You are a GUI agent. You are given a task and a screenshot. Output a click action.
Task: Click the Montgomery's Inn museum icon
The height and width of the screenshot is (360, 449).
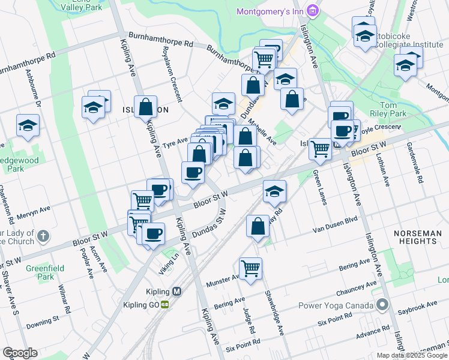tap(312, 11)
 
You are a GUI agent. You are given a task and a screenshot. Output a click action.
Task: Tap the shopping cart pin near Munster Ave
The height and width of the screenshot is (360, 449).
tap(250, 268)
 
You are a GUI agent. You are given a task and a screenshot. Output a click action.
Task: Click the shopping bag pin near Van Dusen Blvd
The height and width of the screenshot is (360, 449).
tap(258, 227)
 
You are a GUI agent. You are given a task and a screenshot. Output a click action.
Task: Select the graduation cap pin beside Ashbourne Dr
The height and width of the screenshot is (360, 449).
tap(28, 125)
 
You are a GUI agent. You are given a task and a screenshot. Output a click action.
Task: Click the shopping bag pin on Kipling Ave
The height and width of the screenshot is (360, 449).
tap(145, 107)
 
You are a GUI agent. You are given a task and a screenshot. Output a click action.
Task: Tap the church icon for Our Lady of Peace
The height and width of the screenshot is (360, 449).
tap(43, 236)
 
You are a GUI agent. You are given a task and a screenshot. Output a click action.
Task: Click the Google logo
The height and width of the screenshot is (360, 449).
tap(20, 353)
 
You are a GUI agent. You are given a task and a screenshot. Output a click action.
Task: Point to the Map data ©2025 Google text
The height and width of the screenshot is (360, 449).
tap(412, 355)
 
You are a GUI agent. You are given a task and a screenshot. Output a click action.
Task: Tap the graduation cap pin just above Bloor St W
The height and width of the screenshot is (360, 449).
tap(274, 191)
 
